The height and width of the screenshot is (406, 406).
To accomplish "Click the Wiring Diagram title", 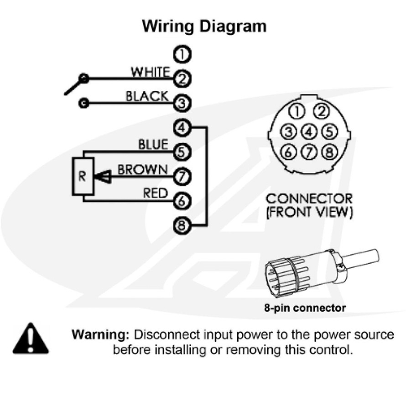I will pos(204,26).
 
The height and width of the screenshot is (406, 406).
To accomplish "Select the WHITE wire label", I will pos(150,72).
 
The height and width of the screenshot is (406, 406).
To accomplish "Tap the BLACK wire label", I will pos(146,96).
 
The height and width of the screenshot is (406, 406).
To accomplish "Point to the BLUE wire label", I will pos(153,145).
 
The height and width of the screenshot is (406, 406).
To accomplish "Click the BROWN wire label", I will pos(142,170).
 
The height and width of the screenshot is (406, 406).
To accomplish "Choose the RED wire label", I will pos(155,193).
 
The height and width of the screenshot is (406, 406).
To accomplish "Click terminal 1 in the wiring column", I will pos(182,55).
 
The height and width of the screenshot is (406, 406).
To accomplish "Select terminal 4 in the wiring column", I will pos(182,128).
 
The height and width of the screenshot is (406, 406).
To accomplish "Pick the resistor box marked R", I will pos(82,177).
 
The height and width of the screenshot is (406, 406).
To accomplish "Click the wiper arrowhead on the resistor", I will pos(103,177).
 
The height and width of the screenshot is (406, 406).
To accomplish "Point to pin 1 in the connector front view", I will pos(297,111).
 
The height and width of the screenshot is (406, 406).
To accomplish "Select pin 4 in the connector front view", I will pos(310,132).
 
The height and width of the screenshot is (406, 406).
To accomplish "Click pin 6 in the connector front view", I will pos(288,152).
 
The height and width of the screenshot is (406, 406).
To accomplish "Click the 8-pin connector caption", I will pos(304,308).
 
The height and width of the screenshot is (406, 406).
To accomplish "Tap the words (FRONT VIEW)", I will pos(309,212).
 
